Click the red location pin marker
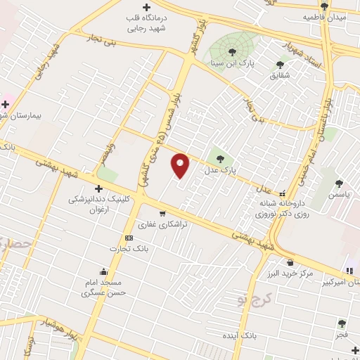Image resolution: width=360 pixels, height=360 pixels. (x=181, y=165)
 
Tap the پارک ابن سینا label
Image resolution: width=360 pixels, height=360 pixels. (x=233, y=63)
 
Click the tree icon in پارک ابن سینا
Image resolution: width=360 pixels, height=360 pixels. (x=233, y=50)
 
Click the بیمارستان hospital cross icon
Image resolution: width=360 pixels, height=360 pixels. (x=6, y=104)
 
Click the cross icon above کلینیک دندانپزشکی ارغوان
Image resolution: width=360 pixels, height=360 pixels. (x=98, y=188)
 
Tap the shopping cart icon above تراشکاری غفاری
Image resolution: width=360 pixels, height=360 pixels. (x=162, y=213)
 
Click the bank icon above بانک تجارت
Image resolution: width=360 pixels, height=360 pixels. (x=128, y=238)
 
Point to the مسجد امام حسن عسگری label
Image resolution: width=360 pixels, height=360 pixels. (x=103, y=287)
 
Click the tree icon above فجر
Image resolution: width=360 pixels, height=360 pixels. (x=342, y=323)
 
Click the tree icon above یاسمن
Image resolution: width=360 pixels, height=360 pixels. (x=339, y=184)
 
